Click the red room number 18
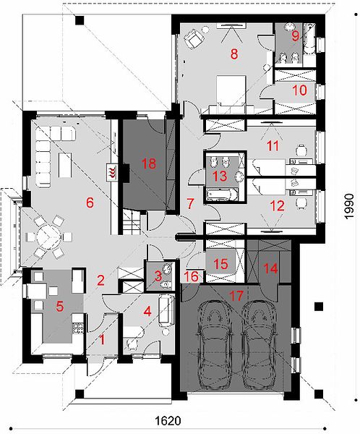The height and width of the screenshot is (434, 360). (149, 163)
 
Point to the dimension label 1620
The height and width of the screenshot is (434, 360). (168, 421)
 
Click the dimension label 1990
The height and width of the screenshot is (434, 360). (349, 206)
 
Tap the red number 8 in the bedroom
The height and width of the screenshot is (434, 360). (234, 54)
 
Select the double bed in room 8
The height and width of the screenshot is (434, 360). (231, 90)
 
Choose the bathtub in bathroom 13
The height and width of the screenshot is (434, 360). (223, 195)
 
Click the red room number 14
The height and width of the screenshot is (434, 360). (270, 268)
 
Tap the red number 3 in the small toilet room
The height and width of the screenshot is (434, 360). (158, 276)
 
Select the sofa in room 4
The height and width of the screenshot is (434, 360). (166, 309)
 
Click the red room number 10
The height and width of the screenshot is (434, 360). (300, 90)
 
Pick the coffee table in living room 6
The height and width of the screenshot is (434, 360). (65, 165)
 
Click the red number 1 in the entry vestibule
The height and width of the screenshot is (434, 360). (102, 339)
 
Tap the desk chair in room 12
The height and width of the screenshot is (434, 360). (301, 203)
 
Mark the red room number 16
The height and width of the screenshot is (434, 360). (192, 276)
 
